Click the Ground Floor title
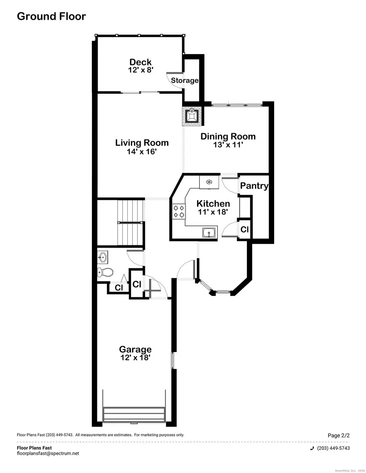tap(51, 17)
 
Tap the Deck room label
tap(140, 62)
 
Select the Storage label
tap(185, 80)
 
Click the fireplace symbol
tap(192, 116)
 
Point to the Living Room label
tap(142, 143)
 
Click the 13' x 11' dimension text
tap(228, 145)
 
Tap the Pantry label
tap(254, 186)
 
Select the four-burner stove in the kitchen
tap(179, 211)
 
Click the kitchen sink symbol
tap(209, 233)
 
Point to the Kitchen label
tap(213, 203)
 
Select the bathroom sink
tap(103, 257)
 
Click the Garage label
tap(135, 349)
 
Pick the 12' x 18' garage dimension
tap(135, 358)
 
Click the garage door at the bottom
tap(134, 415)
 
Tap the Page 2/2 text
tap(338, 435)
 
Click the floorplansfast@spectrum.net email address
tap(48, 454)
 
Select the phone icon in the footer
tap(312, 448)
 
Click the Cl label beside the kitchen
tap(244, 229)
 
